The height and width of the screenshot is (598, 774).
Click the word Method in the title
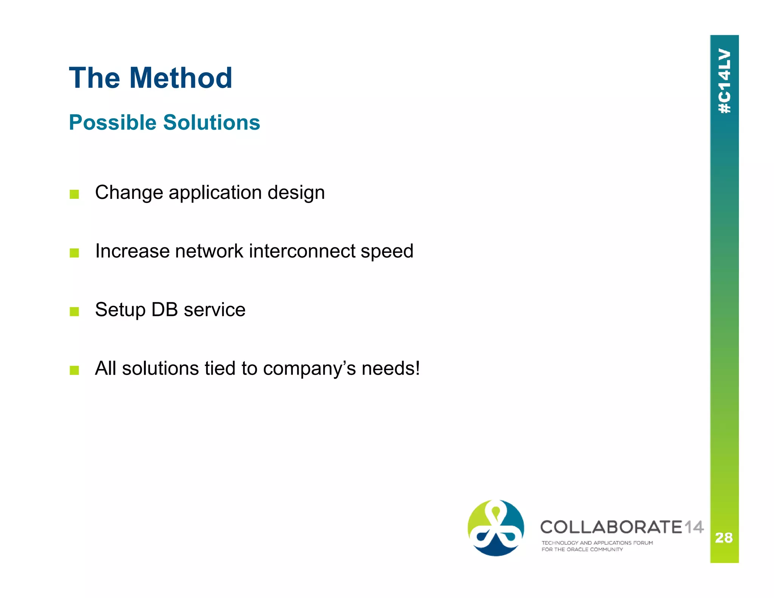click(x=181, y=78)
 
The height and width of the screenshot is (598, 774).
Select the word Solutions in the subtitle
click(x=212, y=122)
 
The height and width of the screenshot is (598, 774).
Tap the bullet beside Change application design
click(x=74, y=194)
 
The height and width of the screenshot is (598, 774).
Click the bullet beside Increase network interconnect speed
click(x=74, y=253)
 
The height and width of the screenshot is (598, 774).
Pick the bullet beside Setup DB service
click(x=74, y=311)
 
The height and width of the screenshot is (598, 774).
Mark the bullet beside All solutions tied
click(x=74, y=370)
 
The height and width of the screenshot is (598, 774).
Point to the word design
click(x=296, y=193)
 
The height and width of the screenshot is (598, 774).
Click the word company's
click(x=309, y=369)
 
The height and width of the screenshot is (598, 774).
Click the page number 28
click(x=724, y=538)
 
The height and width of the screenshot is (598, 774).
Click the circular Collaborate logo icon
click(x=495, y=528)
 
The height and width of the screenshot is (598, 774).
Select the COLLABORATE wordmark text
click(x=611, y=527)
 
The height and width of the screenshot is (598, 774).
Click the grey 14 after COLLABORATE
click(x=694, y=527)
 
